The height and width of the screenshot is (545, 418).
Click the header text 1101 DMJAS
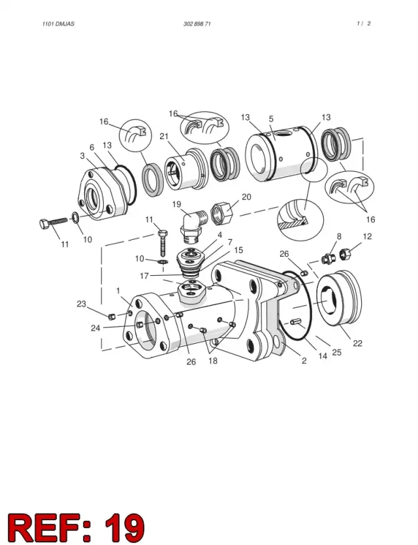tap(58, 24)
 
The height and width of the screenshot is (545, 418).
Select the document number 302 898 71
tap(197, 24)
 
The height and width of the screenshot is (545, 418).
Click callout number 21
tap(164, 137)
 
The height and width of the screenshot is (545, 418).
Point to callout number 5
tap(271, 119)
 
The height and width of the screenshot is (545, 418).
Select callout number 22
tap(357, 344)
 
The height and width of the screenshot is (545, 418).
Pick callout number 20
tap(246, 197)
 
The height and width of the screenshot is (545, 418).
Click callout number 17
tap(144, 276)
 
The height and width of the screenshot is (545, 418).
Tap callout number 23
tap(81, 304)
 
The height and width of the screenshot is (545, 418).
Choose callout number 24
tap(95, 328)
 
